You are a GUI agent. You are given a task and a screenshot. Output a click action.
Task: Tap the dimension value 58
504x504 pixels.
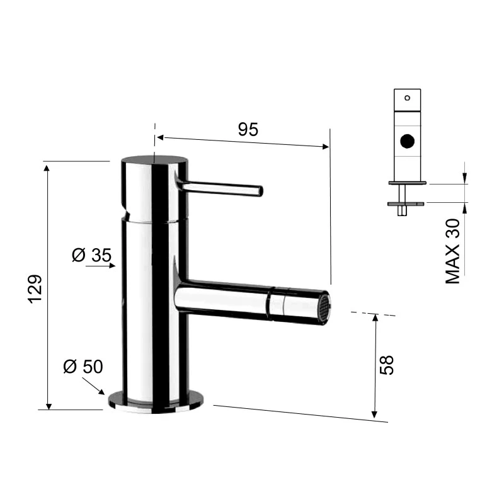tap(388, 364)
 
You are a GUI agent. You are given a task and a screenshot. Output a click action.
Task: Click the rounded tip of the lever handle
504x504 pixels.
tap(258, 191)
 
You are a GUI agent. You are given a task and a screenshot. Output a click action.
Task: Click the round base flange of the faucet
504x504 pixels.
tap(156, 399)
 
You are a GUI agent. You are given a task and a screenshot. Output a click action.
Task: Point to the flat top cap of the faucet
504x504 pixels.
tap(154, 159)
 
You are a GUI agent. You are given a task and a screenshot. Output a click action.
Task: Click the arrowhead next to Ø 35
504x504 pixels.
tap(112, 266)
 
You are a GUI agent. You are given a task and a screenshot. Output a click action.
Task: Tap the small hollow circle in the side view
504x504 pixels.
tap(407, 98)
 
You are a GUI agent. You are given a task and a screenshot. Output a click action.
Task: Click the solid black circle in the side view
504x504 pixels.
tap(408, 141)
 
